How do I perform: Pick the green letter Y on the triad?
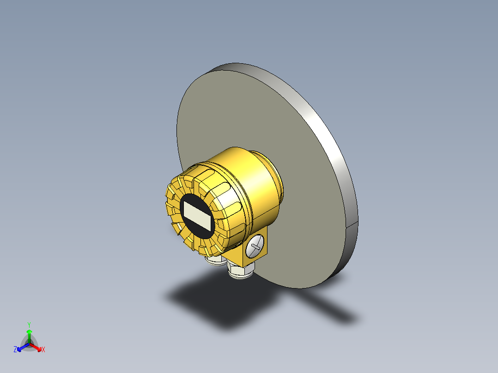tap(29, 324)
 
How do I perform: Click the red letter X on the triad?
tap(43, 350)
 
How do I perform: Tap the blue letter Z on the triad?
tap(15, 349)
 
